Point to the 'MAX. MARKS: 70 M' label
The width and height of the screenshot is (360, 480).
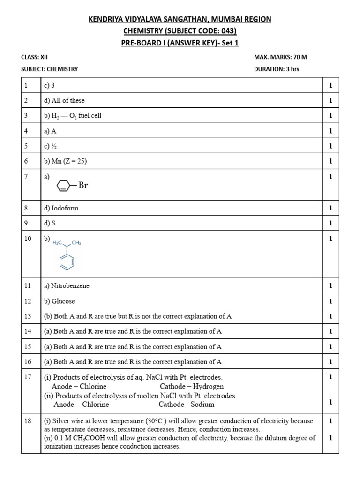pos(280,57)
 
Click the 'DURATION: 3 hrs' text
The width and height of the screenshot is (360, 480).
pos(276,69)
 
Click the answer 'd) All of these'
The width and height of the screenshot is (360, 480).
pos(64,100)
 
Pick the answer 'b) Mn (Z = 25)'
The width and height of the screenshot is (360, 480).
pos(65,161)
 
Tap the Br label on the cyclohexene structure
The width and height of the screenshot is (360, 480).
pos(82,186)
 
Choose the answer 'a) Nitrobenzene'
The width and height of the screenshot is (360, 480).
pos(67,285)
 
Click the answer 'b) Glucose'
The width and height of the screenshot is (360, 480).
pos(59,301)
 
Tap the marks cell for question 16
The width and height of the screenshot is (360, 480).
pos(330,362)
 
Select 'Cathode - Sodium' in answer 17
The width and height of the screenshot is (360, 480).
pos(187,404)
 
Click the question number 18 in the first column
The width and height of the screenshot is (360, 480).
pos(28,421)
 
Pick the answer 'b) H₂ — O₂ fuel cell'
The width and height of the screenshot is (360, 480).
pos(73,116)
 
